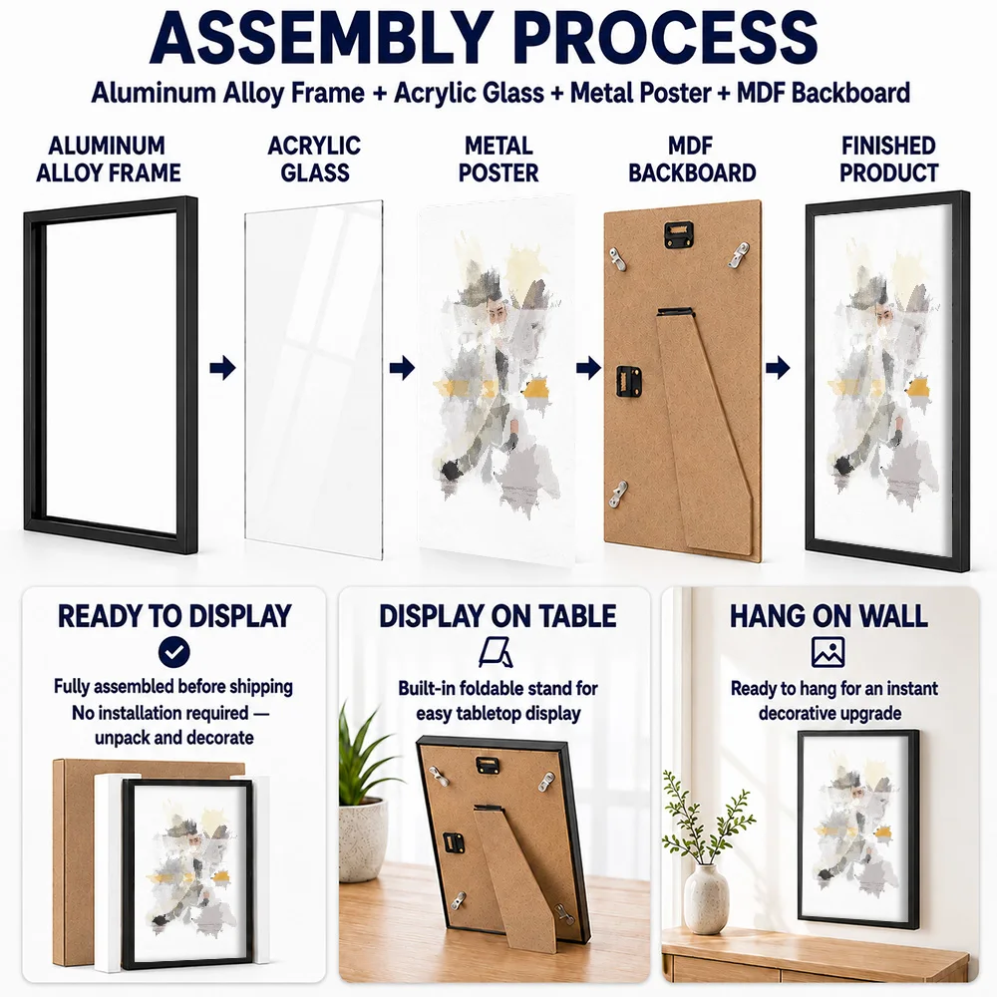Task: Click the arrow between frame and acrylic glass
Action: [222, 368]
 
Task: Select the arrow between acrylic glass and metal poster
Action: [402, 368]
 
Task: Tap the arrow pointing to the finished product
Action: [777, 368]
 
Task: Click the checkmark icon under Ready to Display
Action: [174, 652]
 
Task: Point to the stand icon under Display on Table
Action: [496, 652]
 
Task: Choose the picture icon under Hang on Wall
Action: [828, 652]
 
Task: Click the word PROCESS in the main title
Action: [668, 37]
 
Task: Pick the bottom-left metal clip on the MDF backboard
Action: [618, 494]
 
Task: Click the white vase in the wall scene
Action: [707, 898]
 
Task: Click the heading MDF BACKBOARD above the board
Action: [692, 159]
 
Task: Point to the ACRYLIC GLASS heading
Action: [314, 159]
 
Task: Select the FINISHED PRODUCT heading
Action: [888, 159]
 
